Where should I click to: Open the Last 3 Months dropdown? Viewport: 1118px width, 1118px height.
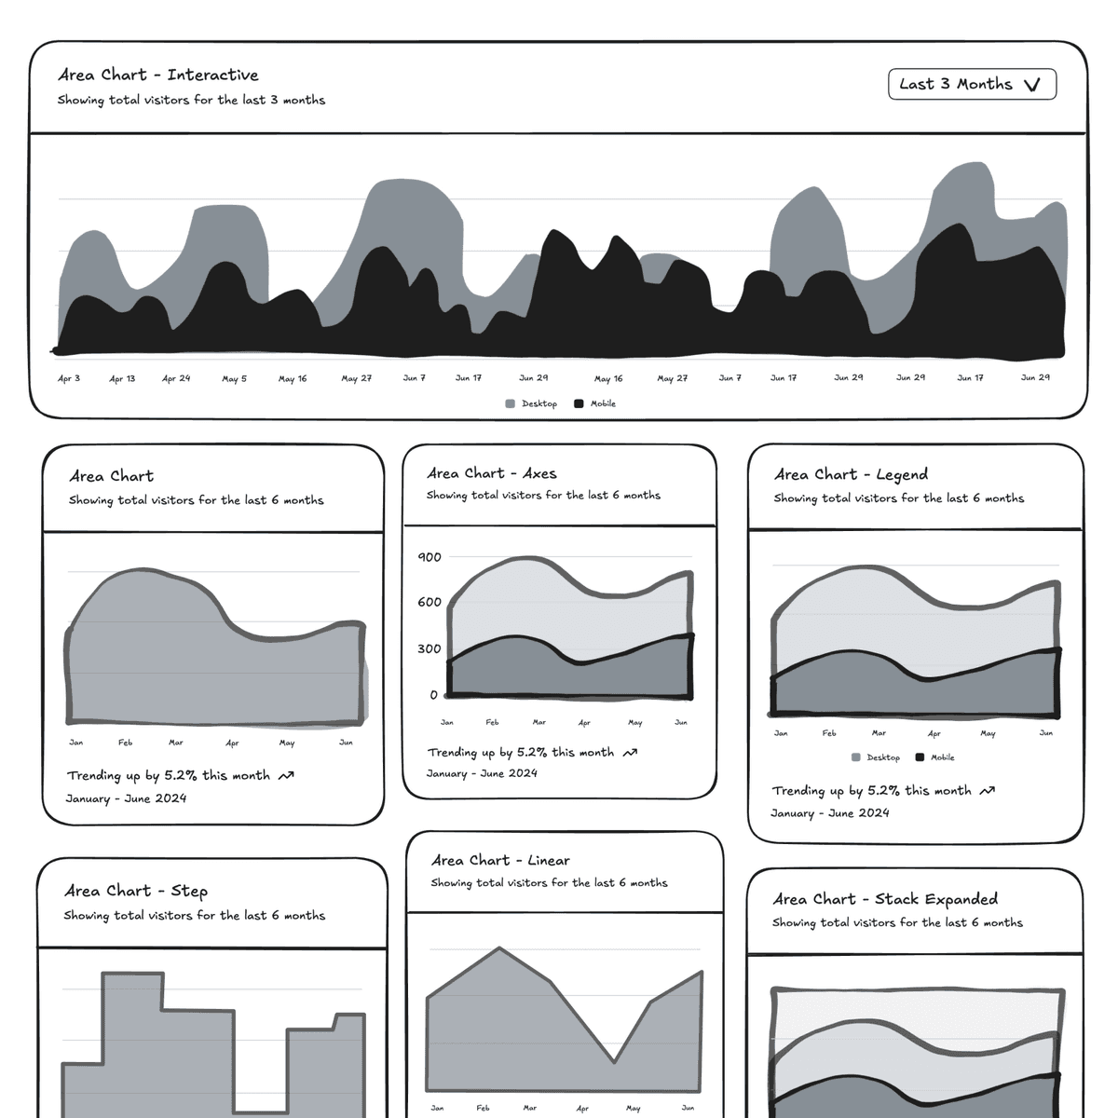click(972, 84)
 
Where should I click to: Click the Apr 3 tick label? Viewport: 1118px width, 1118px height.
click(69, 379)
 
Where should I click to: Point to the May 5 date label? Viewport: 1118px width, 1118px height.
click(234, 379)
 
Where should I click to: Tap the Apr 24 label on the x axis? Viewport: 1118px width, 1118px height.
click(176, 379)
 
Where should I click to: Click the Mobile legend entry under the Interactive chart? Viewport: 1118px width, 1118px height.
click(595, 404)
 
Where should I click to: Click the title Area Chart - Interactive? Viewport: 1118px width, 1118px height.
click(158, 75)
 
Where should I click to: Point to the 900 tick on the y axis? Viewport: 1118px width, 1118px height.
click(429, 557)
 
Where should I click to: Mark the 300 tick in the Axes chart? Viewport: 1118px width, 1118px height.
click(429, 648)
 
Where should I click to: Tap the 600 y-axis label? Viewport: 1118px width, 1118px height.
click(429, 602)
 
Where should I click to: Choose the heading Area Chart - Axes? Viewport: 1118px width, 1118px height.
click(492, 473)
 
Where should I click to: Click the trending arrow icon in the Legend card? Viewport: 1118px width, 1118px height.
click(988, 791)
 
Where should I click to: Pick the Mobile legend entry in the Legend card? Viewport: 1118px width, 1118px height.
click(935, 758)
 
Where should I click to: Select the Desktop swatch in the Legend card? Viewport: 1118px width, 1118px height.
click(856, 758)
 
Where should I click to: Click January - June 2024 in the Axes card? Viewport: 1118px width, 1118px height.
click(482, 773)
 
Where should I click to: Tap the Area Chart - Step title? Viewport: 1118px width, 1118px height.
click(136, 892)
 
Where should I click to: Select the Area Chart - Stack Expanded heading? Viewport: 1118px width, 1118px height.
click(885, 899)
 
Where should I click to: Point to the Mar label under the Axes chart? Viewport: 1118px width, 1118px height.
click(539, 722)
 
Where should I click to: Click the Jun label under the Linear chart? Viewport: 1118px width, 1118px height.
click(688, 1108)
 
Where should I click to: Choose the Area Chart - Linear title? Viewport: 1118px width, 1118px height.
click(500, 861)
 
